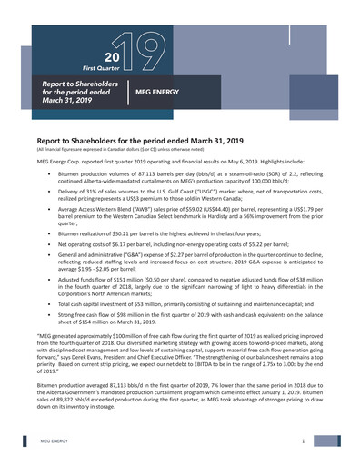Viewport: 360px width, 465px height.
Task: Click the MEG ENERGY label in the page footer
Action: tap(55, 440)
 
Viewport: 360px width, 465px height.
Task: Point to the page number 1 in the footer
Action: tap(301, 440)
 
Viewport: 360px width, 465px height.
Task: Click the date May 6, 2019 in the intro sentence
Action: tap(235, 159)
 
